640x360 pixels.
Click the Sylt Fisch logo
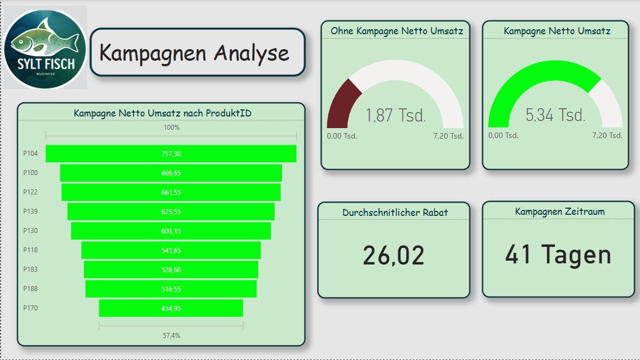(45, 47)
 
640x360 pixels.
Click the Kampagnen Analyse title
(194, 53)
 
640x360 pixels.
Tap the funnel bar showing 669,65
(171, 173)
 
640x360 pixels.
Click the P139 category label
(30, 211)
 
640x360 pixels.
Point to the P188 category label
(30, 289)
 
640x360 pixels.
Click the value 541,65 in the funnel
(171, 250)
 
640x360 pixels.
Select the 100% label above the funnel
(171, 128)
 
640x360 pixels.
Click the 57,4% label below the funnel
(171, 335)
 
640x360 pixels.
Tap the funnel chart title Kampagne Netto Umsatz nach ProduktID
(163, 113)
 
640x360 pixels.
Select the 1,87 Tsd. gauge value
(396, 115)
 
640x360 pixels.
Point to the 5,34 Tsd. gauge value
(556, 115)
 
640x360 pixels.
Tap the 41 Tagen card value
(558, 255)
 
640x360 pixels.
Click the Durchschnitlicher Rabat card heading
(395, 212)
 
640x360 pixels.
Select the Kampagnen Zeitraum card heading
(559, 211)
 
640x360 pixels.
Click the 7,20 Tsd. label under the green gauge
(607, 135)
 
